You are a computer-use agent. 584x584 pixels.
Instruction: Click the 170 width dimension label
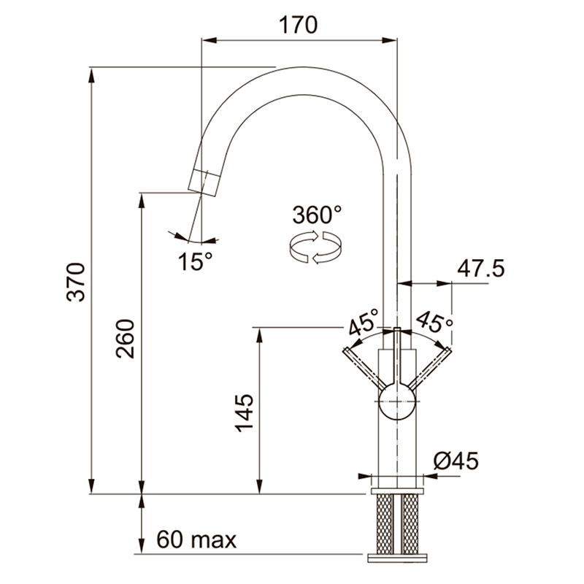point(298,25)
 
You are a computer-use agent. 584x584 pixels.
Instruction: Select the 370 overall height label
point(76,282)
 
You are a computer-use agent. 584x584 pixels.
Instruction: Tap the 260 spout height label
point(125,339)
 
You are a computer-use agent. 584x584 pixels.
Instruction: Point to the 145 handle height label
point(245,412)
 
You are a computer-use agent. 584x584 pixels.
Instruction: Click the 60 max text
point(196,539)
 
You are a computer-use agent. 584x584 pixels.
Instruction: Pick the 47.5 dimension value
point(481,268)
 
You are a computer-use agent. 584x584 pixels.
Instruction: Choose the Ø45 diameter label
point(456,461)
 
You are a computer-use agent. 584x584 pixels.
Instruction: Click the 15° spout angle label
point(195,261)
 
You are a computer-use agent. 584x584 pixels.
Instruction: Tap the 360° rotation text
point(317,215)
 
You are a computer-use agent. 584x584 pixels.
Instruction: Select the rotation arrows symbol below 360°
point(315,247)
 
